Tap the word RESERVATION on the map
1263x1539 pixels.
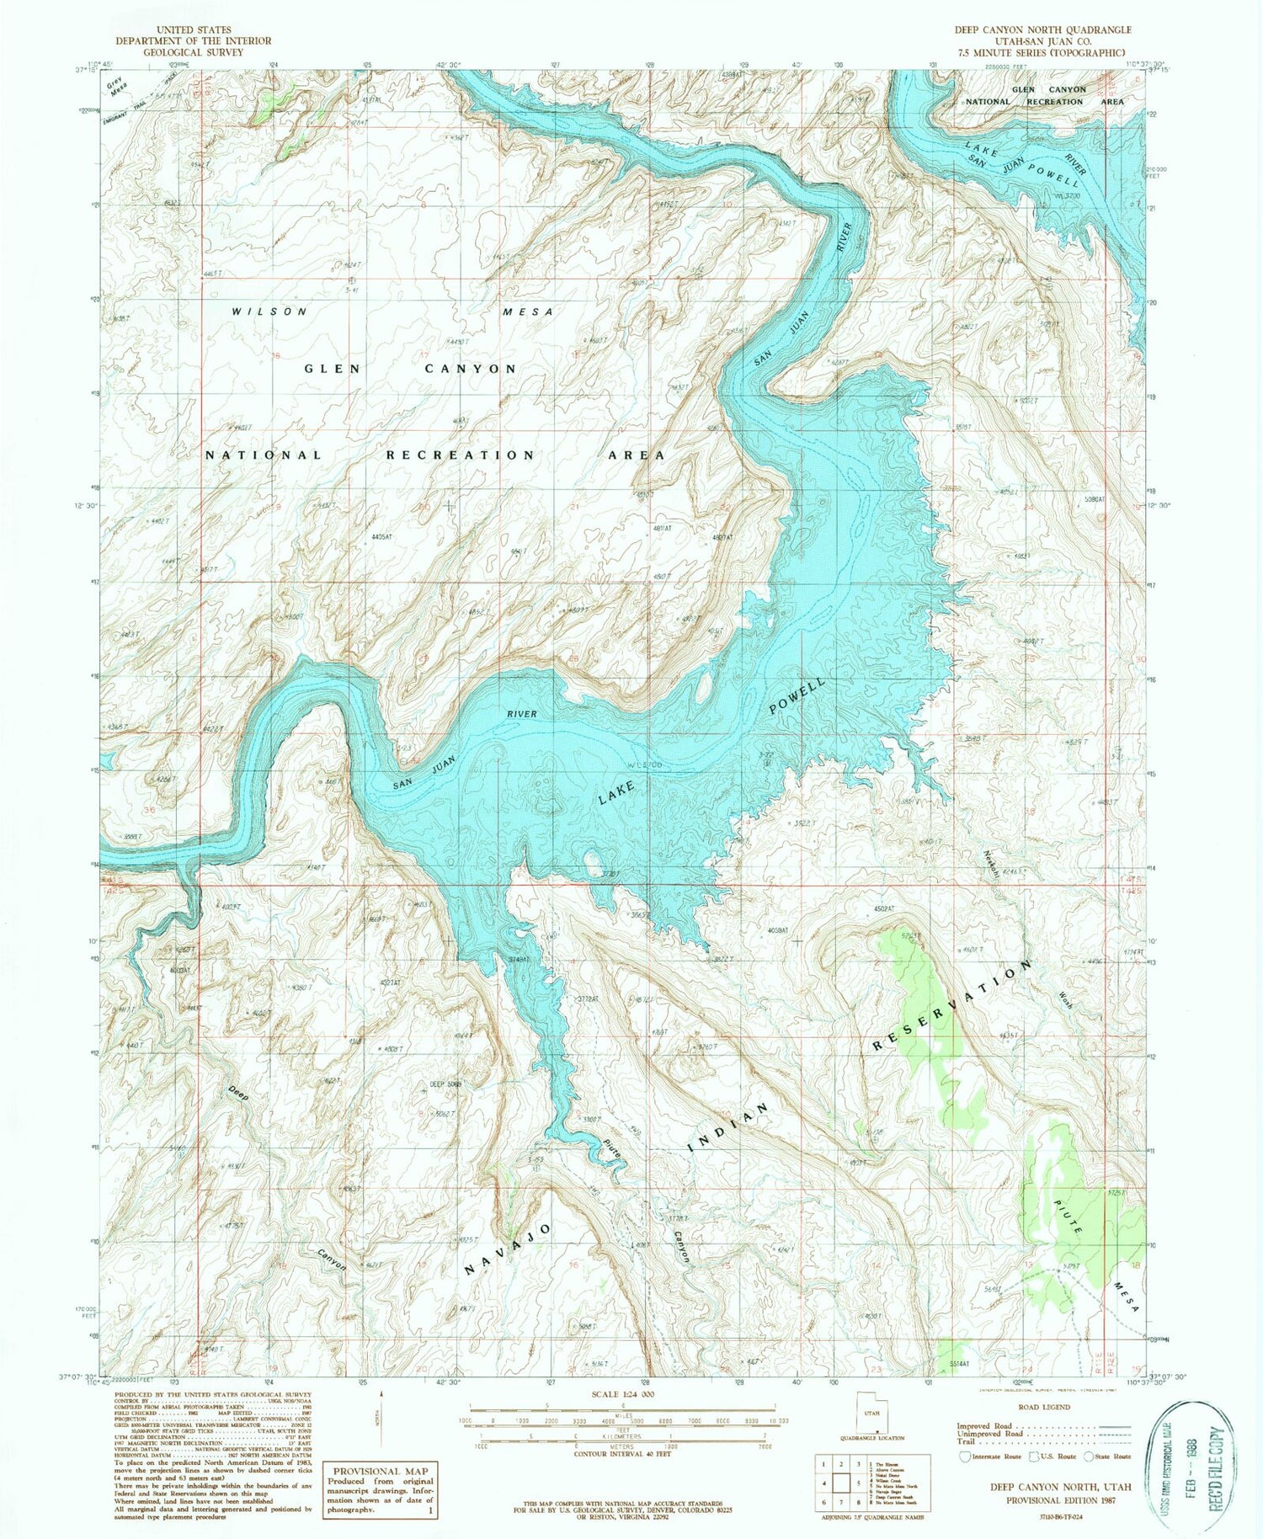point(952,1004)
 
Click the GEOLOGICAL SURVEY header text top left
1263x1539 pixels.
point(193,52)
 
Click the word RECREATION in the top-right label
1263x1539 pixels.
point(1055,102)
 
